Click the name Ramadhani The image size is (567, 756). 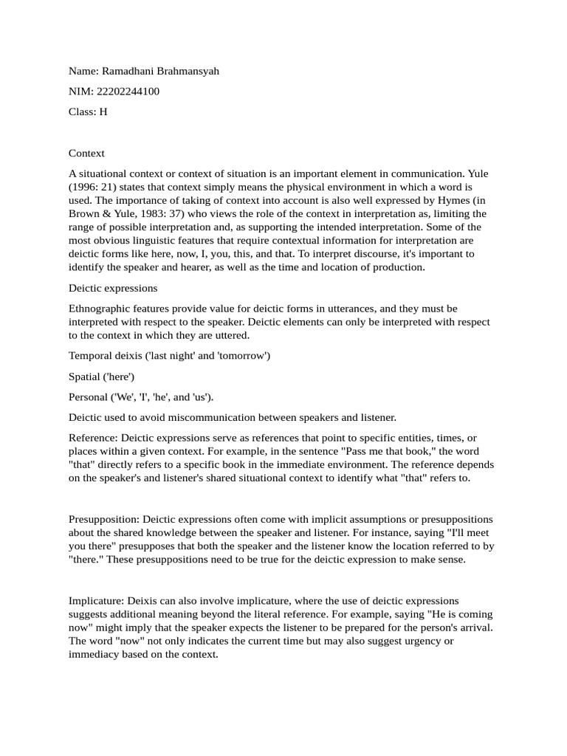pyautogui.click(x=126, y=71)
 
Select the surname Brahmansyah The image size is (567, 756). pyautogui.click(x=188, y=71)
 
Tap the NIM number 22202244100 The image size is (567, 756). pyautogui.click(x=128, y=92)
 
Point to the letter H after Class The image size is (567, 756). pyautogui.click(x=103, y=112)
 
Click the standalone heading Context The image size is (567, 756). pyautogui.click(x=86, y=153)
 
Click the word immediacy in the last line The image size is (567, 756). pyautogui.click(x=95, y=654)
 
